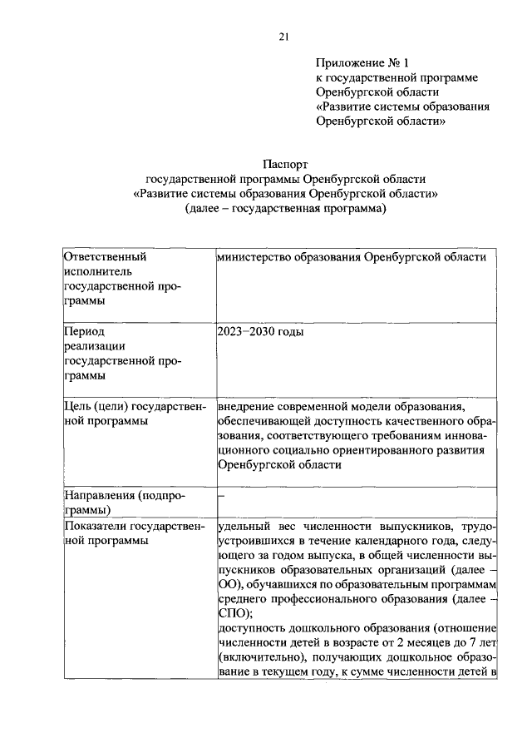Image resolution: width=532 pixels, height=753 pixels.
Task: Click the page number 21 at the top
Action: (283, 35)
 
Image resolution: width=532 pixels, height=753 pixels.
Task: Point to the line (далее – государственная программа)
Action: (286, 210)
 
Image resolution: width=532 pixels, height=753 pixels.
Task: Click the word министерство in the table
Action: (255, 257)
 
